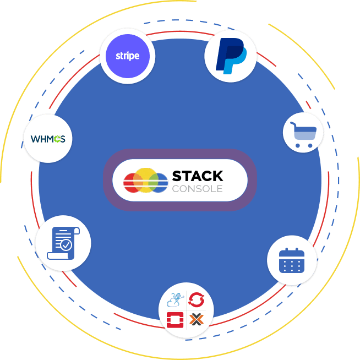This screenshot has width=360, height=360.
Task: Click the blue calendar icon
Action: (292, 260)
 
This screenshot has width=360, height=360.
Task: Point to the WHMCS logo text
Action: (48, 139)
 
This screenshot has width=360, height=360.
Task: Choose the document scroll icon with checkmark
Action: (62, 243)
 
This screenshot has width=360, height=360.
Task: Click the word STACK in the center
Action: (198, 176)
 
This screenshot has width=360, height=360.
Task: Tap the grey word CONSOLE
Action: (198, 189)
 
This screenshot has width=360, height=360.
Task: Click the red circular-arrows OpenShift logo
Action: (197, 301)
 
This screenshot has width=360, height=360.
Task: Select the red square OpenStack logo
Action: (175, 319)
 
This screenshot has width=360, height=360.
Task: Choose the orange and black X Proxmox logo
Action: (197, 319)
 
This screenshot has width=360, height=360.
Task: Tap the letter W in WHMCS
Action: (34, 139)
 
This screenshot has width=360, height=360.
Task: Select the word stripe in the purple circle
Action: (127, 56)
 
